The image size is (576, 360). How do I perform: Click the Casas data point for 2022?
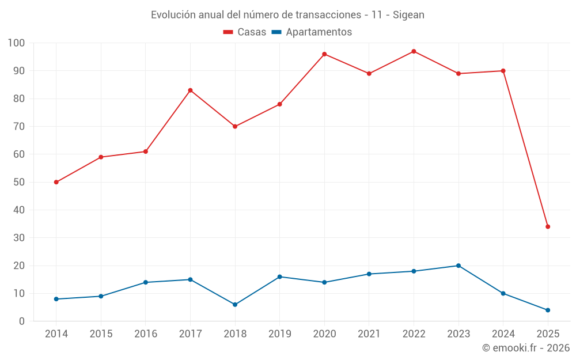click(414, 51)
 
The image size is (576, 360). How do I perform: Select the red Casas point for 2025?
click(548, 226)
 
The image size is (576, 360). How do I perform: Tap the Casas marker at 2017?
click(190, 90)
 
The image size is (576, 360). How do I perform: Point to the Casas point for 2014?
click(56, 182)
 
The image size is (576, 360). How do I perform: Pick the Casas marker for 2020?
click(324, 54)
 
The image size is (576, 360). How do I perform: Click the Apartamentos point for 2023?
click(458, 266)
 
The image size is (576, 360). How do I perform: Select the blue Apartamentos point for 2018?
click(235, 305)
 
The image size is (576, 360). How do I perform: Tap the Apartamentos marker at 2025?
click(548, 310)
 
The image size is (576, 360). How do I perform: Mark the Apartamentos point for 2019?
click(279, 276)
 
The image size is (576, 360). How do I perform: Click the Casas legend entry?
click(245, 32)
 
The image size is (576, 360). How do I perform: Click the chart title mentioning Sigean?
click(287, 15)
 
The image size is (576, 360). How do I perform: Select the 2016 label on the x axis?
click(146, 334)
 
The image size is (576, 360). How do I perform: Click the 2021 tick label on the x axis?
click(369, 334)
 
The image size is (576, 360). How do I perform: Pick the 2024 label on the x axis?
click(503, 334)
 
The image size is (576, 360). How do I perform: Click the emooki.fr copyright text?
click(525, 348)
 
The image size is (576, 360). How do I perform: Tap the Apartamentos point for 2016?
click(146, 282)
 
